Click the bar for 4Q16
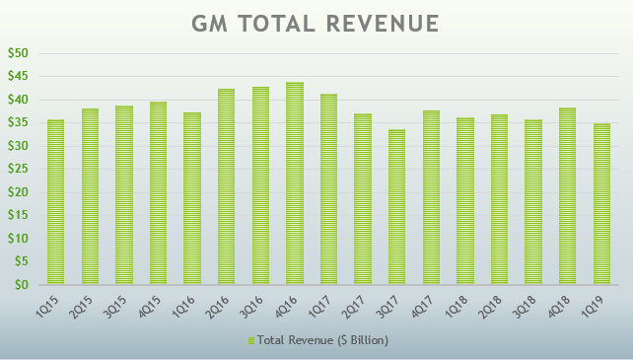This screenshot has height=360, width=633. point(295,183)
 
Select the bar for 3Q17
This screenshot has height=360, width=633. point(397,207)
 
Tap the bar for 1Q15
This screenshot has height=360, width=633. point(56,202)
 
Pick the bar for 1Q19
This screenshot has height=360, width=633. point(601,204)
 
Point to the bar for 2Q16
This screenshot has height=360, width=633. point(227,186)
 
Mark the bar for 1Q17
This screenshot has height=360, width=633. point(329,189)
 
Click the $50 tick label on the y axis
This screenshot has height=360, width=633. point(18,53)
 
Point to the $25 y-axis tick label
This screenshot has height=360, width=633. point(18,170)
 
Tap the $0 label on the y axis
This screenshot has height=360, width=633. point(22,285)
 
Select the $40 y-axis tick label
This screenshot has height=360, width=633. point(18,100)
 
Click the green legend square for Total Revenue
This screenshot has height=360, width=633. point(251,340)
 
